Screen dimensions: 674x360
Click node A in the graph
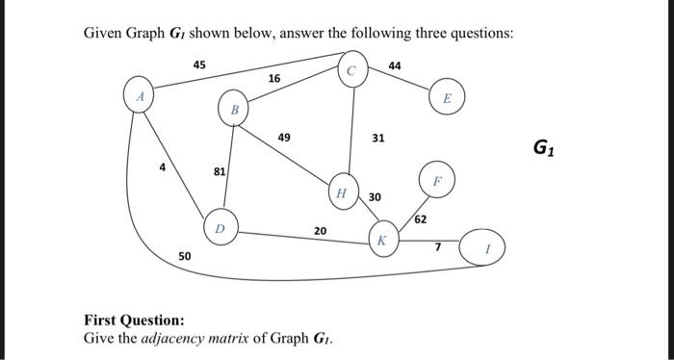[x=141, y=96]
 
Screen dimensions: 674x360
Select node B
[x=232, y=110]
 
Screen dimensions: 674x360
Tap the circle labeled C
[x=351, y=70]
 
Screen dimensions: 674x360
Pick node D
[x=220, y=228]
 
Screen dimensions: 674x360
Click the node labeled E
[x=447, y=99]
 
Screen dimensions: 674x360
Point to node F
[x=435, y=181]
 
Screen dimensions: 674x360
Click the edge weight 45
[x=198, y=64]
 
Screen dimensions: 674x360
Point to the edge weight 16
[x=274, y=78]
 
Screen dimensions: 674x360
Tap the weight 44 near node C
[x=395, y=64]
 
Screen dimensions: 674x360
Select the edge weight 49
[x=284, y=139]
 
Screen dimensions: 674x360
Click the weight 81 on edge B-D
[x=219, y=171]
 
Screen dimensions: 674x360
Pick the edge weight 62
[x=421, y=220]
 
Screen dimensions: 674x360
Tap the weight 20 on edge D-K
[x=320, y=230]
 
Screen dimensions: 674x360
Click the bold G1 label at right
[x=543, y=148]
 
